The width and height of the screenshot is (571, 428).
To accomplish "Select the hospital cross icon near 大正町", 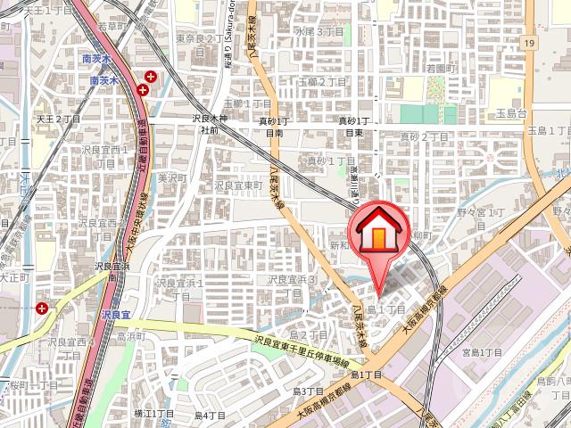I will [43, 308].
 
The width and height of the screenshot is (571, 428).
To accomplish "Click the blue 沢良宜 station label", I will [116, 314].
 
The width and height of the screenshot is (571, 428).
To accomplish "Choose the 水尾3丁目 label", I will [319, 31].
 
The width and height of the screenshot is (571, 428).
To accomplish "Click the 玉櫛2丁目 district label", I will [322, 81].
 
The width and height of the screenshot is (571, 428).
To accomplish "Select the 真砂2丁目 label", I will [424, 136].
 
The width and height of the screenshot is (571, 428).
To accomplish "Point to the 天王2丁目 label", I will [57, 118].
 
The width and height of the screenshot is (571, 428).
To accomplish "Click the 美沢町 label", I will [169, 177].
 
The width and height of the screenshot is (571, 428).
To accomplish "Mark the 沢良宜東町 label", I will [238, 185].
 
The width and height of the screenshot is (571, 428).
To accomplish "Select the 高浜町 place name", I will [131, 338].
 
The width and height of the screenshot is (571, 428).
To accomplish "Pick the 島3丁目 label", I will [307, 391].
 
